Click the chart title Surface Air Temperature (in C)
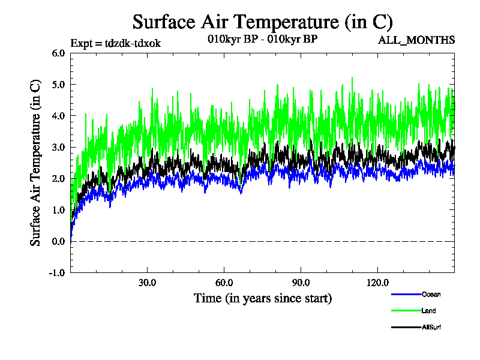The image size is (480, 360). pos(262,22)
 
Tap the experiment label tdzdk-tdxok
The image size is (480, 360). pos(115,43)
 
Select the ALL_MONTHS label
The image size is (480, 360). pos(416,40)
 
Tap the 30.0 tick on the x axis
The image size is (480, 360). pos(147,283)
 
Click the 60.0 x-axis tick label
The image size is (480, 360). pos(224,283)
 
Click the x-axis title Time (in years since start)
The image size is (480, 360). pos(262,298)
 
